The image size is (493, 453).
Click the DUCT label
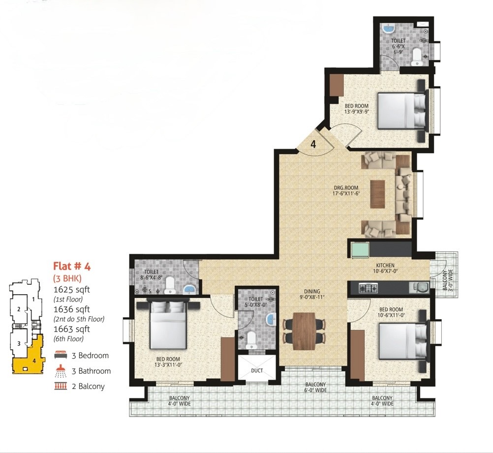click(257, 371)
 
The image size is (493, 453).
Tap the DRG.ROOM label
click(346, 188)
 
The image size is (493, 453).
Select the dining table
click(305, 331)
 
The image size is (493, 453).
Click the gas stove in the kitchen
click(369, 287)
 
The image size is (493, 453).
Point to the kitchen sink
click(419, 288)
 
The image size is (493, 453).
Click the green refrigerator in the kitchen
click(360, 250)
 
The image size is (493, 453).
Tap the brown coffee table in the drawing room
click(377, 194)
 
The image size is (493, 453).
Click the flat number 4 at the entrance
click(313, 144)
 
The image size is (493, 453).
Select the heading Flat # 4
click(72, 266)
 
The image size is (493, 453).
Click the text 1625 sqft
click(72, 289)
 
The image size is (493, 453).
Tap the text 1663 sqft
click(72, 329)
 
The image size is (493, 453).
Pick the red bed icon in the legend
click(61, 355)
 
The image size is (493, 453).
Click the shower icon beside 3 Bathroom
click(61, 371)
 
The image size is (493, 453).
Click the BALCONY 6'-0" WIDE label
click(315, 387)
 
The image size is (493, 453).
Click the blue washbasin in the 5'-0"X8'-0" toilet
click(271, 319)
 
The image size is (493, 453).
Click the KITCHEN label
click(385, 265)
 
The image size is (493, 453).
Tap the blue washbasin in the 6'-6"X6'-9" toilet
click(389, 29)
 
